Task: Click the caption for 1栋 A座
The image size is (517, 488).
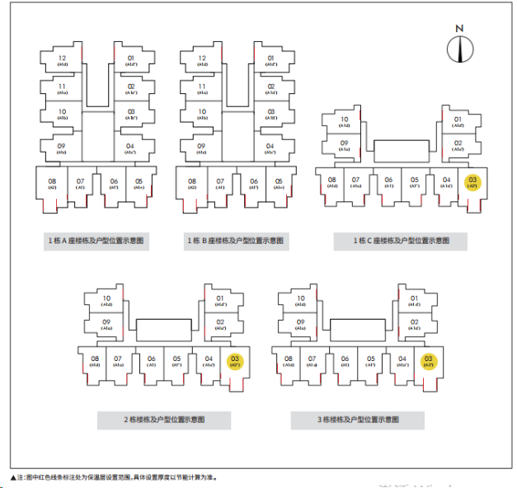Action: coord(96,241)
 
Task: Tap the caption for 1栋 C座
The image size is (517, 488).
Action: coord(400,241)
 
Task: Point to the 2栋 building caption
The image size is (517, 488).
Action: coord(165,420)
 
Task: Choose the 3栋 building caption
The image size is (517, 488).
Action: coord(358,420)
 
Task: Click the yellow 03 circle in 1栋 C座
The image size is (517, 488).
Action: coord(472,182)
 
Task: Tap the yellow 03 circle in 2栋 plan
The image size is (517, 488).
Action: coord(235,361)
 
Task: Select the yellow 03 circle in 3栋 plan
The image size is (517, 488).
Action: coord(428,361)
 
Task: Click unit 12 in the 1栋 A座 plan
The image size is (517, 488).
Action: coord(63,60)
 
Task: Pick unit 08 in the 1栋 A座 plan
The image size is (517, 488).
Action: coord(52,183)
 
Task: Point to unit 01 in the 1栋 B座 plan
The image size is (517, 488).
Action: coord(270,60)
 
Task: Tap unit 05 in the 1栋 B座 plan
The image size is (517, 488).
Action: coord(279,183)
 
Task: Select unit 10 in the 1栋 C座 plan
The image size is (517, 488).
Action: coord(345,121)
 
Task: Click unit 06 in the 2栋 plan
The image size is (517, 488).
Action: coord(151,361)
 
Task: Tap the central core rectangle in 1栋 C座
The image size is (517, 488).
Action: coord(401,151)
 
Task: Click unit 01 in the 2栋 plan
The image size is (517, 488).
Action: coord(220,301)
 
